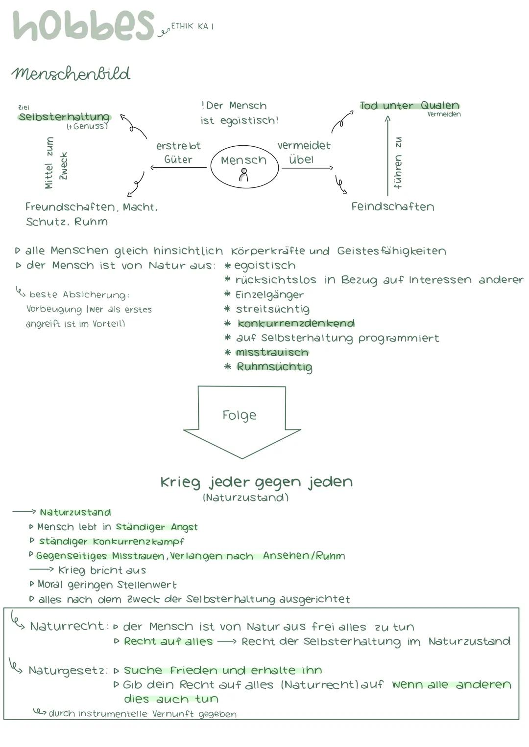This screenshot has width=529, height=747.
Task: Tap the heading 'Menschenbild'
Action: click(x=71, y=74)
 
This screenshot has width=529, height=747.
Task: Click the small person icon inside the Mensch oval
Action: click(x=243, y=175)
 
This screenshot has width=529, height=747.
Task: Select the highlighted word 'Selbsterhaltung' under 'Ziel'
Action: click(x=64, y=117)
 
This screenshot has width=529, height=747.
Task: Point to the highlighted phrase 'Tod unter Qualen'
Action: click(x=409, y=105)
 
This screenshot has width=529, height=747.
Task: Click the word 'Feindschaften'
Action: click(x=392, y=206)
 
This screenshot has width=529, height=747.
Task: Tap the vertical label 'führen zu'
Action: click(x=398, y=163)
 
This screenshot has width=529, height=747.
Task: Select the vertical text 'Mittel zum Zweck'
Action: click(x=56, y=163)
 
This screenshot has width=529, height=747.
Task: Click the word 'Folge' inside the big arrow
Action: click(x=239, y=415)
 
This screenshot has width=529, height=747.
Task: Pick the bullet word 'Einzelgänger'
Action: click(x=269, y=294)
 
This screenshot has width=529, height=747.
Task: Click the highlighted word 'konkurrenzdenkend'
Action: click(x=296, y=323)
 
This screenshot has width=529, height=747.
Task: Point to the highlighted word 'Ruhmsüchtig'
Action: click(x=274, y=367)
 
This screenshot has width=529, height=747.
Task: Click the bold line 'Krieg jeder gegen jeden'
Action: click(x=256, y=482)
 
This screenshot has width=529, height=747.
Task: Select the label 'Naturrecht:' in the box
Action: click(x=68, y=626)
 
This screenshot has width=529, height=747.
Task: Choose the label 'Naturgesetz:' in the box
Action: click(x=68, y=670)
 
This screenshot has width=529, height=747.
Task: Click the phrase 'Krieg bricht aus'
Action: click(x=102, y=570)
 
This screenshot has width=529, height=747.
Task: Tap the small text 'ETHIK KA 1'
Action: click(x=192, y=26)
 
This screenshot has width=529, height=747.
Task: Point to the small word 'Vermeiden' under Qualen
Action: click(x=444, y=114)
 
